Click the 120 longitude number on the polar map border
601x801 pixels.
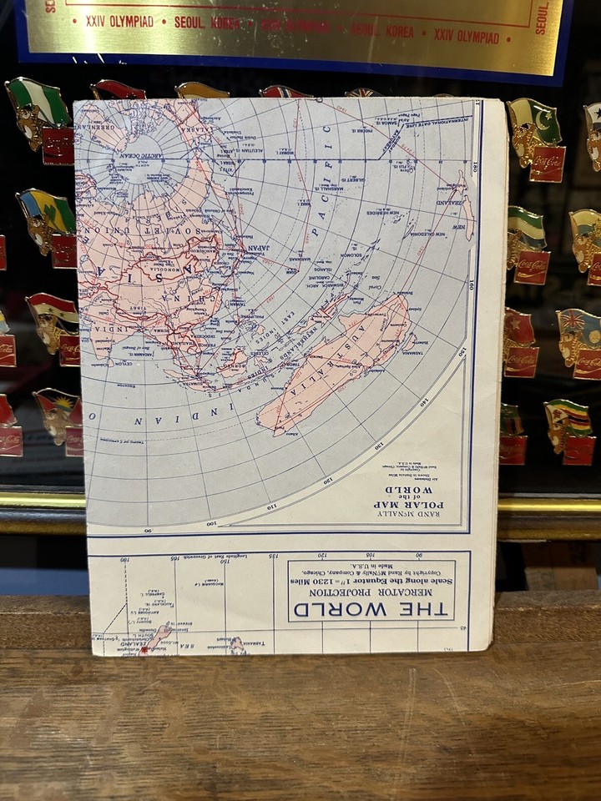[x=327, y=481]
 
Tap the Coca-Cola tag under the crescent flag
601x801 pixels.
[x=546, y=164]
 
